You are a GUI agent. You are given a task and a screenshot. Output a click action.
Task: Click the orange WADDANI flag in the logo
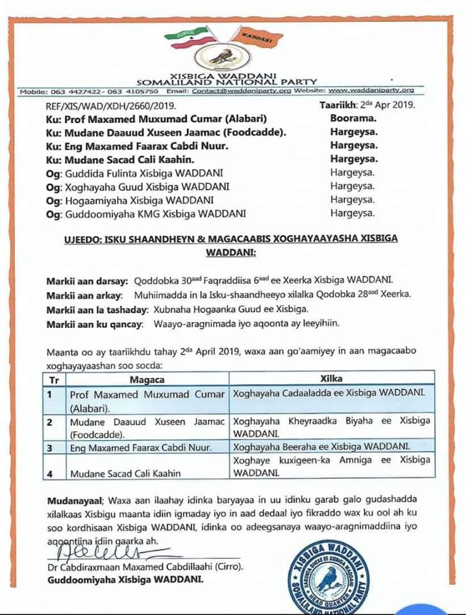[257, 37]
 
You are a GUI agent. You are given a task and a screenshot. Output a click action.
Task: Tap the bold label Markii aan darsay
[86, 280]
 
